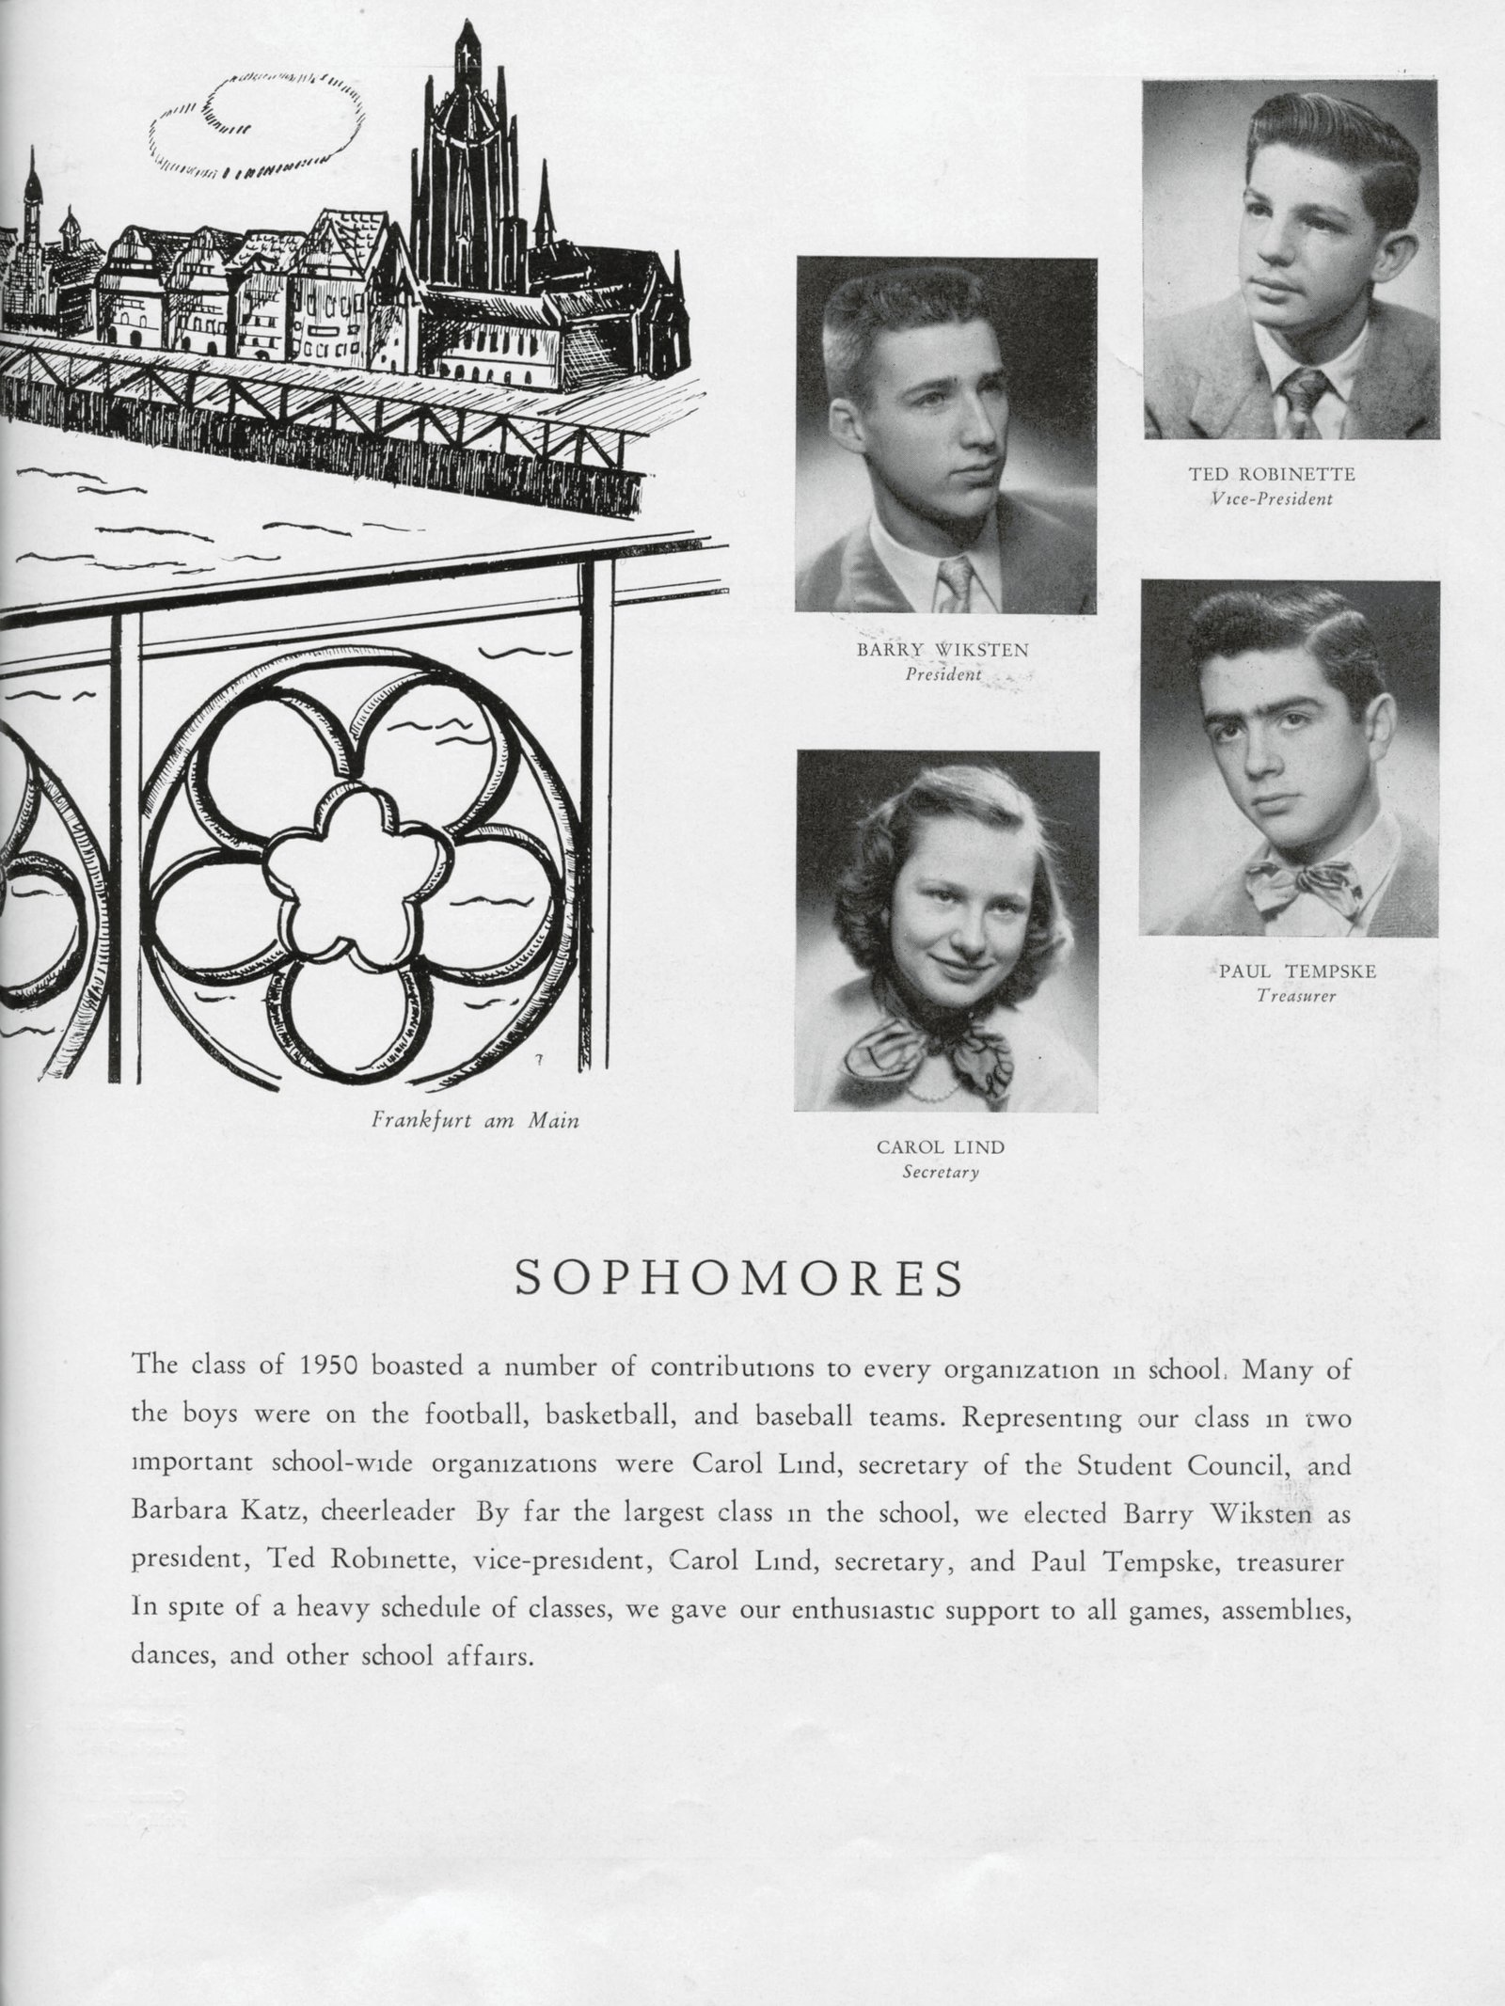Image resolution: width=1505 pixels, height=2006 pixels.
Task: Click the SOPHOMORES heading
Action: coord(740,1281)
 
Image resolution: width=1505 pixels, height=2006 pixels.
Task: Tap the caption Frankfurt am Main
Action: coord(475,1121)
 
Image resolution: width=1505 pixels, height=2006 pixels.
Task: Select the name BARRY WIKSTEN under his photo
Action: coord(942,650)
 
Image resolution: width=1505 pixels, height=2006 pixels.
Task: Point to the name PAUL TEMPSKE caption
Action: coord(1297,971)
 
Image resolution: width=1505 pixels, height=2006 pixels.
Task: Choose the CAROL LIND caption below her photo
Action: coord(940,1147)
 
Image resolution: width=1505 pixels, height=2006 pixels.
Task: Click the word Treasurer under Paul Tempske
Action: coord(1295,996)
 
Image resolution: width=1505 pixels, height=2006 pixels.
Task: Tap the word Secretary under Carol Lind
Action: coord(941,1173)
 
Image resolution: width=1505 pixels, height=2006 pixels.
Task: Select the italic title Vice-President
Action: coord(1273,499)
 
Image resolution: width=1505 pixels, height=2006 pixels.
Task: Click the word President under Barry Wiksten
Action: coord(943,674)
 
